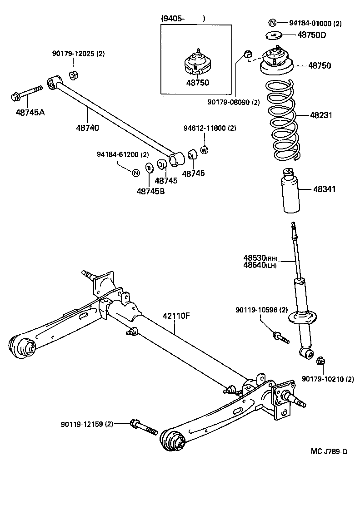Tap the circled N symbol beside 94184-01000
[272, 23]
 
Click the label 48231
[321, 115]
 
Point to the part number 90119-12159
[87, 424]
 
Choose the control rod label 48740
[87, 128]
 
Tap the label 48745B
[150, 191]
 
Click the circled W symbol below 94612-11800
[204, 150]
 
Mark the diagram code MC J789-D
[329, 451]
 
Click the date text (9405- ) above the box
[183, 19]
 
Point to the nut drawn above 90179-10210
[320, 361]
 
